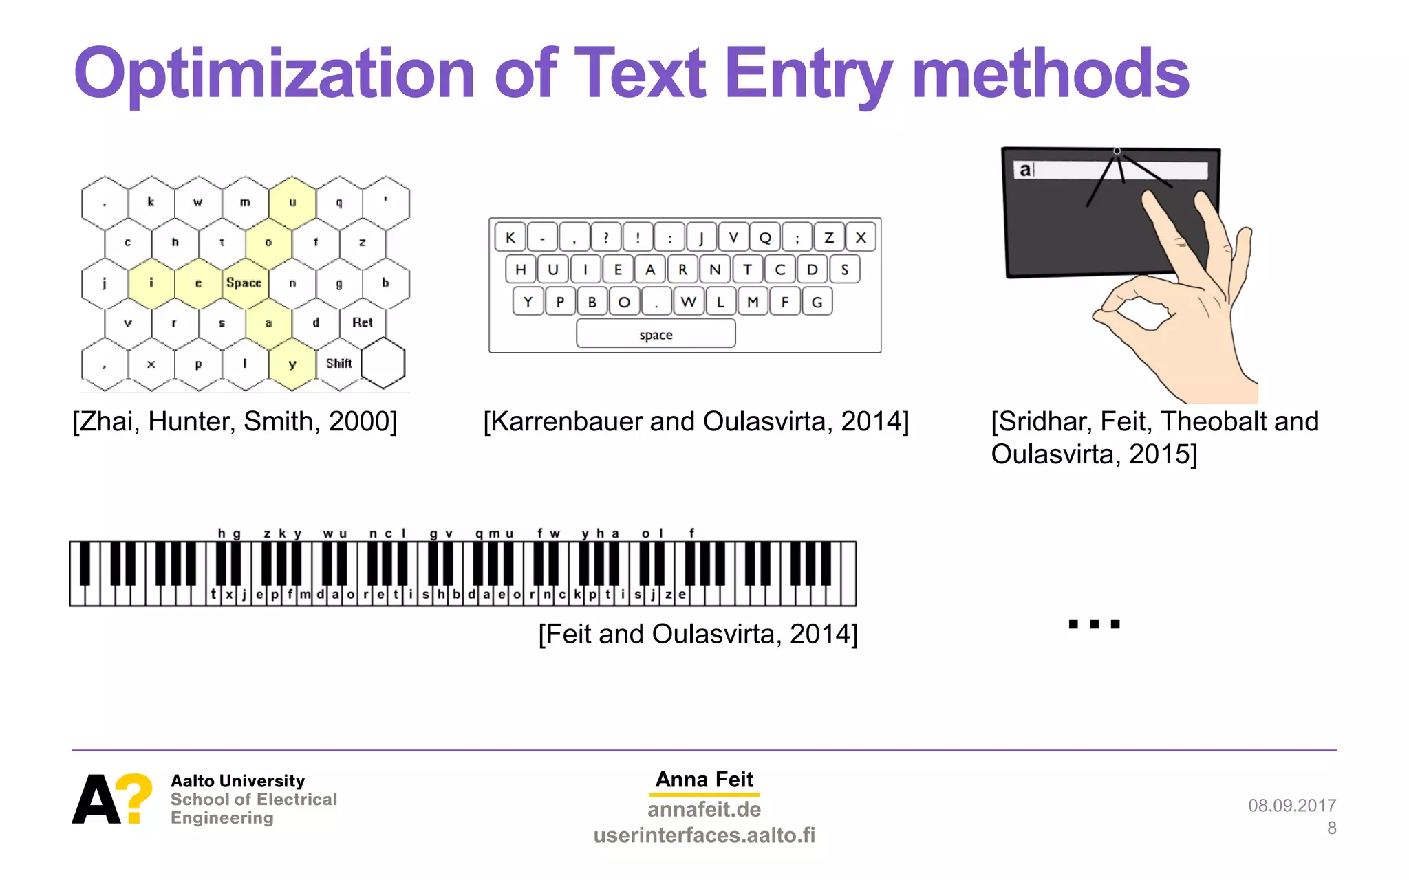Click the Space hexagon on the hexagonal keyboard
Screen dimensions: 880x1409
point(244,283)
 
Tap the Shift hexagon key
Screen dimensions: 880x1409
point(338,364)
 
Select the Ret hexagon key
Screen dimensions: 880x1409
point(362,322)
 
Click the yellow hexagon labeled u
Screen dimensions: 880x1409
point(292,203)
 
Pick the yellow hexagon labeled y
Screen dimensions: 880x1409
point(292,364)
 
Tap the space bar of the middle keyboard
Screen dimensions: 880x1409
point(656,335)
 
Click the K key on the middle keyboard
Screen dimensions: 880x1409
point(510,238)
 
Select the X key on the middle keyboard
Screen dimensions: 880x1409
point(861,238)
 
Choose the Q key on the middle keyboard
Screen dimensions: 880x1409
point(765,238)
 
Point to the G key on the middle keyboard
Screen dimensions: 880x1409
point(817,302)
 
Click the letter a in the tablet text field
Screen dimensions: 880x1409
point(1025,170)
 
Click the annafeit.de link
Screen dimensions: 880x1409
point(704,809)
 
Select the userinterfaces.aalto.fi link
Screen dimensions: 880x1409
point(704,835)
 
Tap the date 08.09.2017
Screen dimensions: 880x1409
point(1291,806)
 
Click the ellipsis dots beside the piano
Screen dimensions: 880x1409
point(1094,624)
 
